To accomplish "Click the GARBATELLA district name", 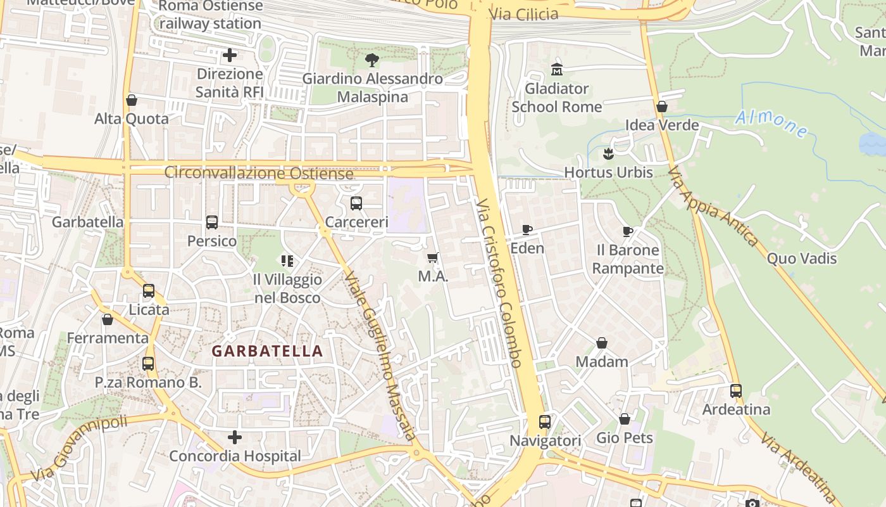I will click(267, 351).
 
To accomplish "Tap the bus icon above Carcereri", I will click(356, 203).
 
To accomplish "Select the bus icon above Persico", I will click(212, 222).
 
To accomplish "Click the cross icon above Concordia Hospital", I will click(235, 437).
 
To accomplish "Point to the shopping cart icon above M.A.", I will click(433, 257).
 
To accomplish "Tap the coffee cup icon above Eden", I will click(527, 229).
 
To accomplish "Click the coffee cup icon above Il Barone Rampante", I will click(627, 231).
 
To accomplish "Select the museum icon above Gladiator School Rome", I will click(557, 69).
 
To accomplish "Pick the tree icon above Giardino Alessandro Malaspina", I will click(372, 60).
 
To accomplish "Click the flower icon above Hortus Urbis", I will click(608, 153).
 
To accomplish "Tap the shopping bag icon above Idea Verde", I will click(662, 106).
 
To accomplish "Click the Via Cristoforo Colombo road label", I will click(499, 283).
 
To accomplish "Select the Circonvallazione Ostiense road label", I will click(259, 173).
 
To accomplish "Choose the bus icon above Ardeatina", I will click(736, 390).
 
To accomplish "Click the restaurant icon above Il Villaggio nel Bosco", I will click(287, 261).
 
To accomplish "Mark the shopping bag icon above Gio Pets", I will click(625, 419).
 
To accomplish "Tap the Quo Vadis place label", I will click(801, 259).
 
